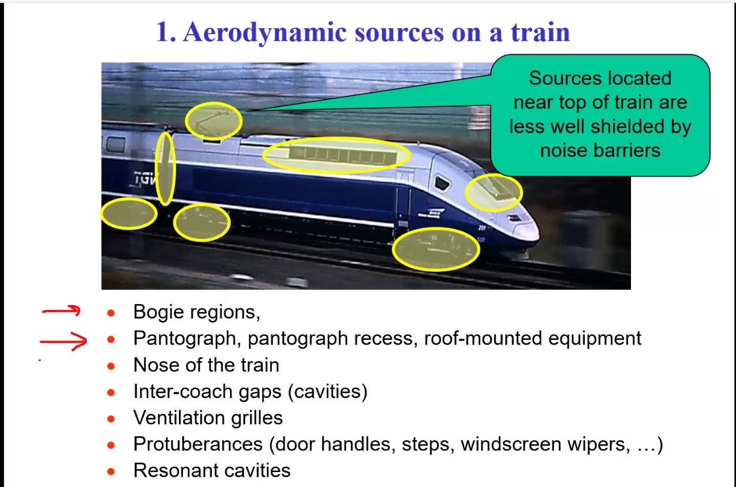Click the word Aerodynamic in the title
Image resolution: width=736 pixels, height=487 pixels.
click(x=265, y=33)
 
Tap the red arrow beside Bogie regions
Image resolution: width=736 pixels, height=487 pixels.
click(x=61, y=310)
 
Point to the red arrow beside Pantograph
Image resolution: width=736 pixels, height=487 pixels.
click(x=63, y=342)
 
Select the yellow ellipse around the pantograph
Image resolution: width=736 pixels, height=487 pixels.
click(x=214, y=103)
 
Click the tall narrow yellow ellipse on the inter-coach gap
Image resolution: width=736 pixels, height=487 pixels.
click(x=157, y=169)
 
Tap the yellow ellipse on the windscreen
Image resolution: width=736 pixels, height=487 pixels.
click(x=494, y=175)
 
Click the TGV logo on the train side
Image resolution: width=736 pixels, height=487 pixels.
click(x=144, y=178)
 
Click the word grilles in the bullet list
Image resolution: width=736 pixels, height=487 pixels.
click(x=257, y=418)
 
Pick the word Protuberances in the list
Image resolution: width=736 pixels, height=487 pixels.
click(x=198, y=444)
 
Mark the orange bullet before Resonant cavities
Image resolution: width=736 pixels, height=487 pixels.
click(x=111, y=471)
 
